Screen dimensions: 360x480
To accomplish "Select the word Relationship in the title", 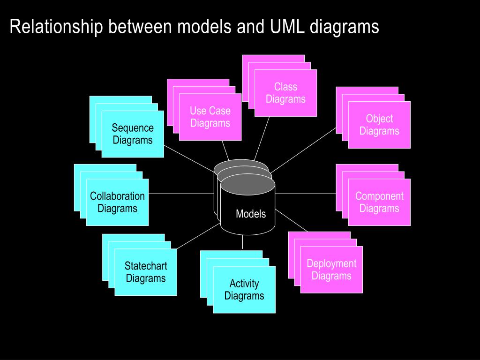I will click(56, 27).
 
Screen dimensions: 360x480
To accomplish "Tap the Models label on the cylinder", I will click(251, 214).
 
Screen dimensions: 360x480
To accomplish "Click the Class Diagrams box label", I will click(285, 93).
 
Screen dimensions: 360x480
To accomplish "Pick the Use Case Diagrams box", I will click(210, 117).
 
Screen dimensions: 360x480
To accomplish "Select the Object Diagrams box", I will click(379, 125).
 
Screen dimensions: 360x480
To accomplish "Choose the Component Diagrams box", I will click(379, 202).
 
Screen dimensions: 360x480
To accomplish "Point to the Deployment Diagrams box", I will click(331, 270).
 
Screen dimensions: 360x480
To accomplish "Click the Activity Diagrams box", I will click(244, 290).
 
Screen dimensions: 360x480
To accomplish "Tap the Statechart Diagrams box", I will click(146, 272).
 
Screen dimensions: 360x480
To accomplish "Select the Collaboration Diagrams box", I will click(117, 202).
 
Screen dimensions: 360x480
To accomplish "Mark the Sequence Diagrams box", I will click(133, 134).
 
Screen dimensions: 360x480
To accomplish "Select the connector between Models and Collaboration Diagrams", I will click(181, 193).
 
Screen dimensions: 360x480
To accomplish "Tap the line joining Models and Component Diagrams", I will click(305, 193).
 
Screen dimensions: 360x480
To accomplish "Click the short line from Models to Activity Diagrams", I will click(242, 242).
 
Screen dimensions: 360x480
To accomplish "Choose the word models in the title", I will click(204, 27).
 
